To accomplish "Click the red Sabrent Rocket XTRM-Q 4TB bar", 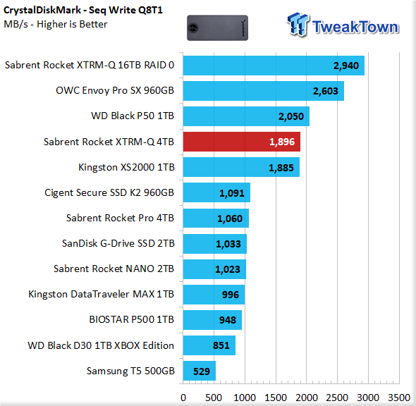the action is pos(241,142).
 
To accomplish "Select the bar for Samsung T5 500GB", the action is pos(200,371).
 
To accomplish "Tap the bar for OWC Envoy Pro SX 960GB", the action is pos(264,91).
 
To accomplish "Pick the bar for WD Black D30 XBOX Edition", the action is pos(209,345).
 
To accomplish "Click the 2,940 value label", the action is pos(346,66).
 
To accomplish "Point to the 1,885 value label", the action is pos(281,168).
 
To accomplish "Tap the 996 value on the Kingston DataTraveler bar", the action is pos(231,295).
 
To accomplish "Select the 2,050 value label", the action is pos(290,116).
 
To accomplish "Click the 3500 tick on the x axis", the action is pos(399,398).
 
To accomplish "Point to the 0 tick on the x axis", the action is pos(183,398).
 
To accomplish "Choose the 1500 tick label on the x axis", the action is pos(276,398).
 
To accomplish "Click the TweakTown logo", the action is pos(343,25).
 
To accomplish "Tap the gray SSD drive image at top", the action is pos(218,28).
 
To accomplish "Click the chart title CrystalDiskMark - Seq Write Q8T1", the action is pos(83,10).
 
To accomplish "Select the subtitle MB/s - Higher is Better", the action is pos(56,24).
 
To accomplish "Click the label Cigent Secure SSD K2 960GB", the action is pos(109,193).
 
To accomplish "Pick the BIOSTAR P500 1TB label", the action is pos(131,319).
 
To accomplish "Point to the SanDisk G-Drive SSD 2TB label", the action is pos(118,243).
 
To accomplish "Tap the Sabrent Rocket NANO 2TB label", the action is pos(114,269).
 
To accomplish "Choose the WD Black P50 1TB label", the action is pos(133,116).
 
